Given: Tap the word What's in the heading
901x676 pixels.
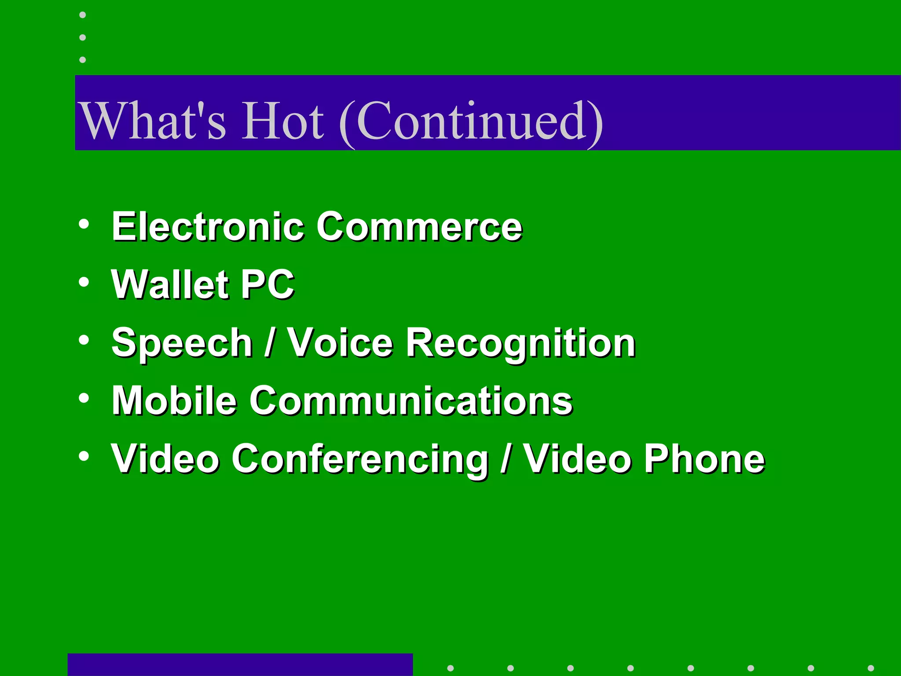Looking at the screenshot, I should pos(152,121).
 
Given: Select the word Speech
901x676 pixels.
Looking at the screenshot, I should pos(182,343).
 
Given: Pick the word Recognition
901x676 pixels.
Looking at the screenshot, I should pos(520,343).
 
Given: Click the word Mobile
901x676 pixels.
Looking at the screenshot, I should pos(174,400).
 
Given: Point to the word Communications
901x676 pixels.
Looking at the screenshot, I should pos(411,400).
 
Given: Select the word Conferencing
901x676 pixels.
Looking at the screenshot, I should pos(360,459).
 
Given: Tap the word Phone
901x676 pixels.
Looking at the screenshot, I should pos(704,459).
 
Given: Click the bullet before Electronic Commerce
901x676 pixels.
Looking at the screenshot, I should pos(84,224).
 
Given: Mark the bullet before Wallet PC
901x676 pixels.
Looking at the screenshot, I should pos(84,283).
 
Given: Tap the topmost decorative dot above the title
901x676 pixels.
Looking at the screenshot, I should pos(82,15).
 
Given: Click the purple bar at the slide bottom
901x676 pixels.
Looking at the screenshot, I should pos(240,665).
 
